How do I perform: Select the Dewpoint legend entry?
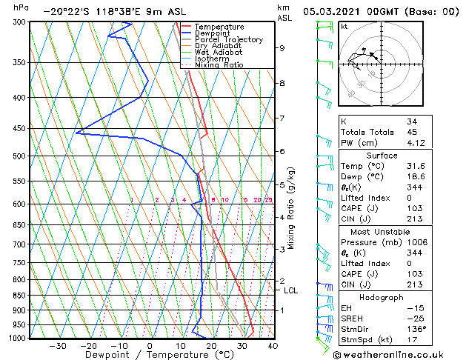point(217,33)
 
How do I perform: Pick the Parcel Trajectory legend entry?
point(228,40)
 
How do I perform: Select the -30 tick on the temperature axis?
point(58,346)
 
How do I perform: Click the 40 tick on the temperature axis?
point(273,346)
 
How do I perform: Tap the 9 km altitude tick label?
point(282,48)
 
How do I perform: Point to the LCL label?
point(290,291)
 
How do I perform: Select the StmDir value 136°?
point(416,330)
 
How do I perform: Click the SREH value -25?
point(413,319)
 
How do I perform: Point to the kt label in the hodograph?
point(344,27)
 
